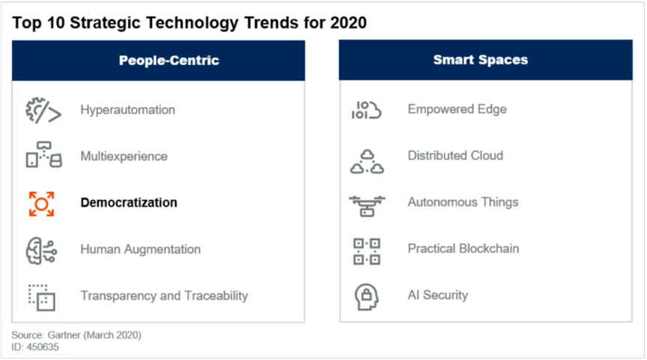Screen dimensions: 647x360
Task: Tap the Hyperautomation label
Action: point(128,110)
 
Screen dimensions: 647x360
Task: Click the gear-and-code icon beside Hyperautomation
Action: point(43,111)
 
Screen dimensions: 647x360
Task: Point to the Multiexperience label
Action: point(124,156)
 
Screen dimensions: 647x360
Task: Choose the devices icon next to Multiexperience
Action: point(43,155)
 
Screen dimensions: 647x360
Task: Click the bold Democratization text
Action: point(129,203)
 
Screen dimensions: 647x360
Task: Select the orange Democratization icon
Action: point(41,204)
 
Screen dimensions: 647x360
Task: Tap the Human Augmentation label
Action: point(141,249)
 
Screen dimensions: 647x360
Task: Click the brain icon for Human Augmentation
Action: point(41,250)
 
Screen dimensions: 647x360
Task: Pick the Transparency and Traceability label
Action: point(164,296)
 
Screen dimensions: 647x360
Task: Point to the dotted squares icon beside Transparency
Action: point(42,297)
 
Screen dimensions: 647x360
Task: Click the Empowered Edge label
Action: point(458,109)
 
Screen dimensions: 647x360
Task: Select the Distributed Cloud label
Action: point(455,156)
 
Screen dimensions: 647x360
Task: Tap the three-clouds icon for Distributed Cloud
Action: point(367,162)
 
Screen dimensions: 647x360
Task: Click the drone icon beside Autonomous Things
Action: point(367,206)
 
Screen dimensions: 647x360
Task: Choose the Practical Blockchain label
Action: point(464,248)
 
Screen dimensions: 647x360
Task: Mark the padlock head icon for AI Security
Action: point(366,296)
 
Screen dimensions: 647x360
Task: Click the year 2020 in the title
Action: point(348,22)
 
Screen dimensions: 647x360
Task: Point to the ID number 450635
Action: point(43,347)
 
